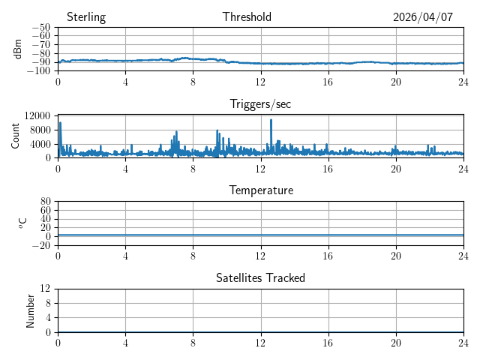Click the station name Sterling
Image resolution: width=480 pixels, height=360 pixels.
86,17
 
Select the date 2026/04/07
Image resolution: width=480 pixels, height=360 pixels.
423,17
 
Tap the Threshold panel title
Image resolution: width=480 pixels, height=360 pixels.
247,16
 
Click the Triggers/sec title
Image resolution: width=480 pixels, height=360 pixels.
260,104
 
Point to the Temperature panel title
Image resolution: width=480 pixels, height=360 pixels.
261,190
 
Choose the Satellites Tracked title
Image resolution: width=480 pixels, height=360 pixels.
260,277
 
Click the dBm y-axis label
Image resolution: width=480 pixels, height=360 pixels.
18,49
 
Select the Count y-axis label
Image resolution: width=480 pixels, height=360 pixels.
15,136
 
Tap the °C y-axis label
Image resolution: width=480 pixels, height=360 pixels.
22,223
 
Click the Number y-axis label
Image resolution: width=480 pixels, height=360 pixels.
30,311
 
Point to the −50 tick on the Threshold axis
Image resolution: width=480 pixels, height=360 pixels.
41,27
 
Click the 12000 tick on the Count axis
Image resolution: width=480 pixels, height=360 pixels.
37,115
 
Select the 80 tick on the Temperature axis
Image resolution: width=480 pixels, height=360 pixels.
45,201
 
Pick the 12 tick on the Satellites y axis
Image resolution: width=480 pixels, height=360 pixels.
45,288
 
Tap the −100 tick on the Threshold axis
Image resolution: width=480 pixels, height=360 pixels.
39,70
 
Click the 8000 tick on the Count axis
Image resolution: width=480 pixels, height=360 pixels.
40,130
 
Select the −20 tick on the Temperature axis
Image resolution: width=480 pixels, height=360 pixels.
41,245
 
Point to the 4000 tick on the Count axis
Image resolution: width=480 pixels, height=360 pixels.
40,144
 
